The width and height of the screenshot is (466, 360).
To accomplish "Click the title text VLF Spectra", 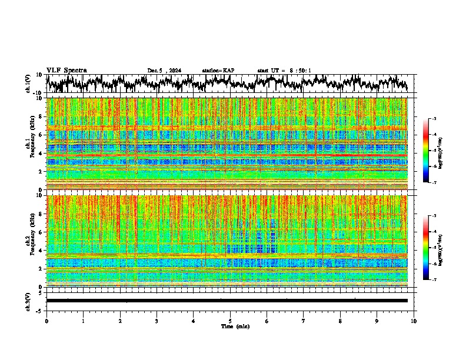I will [x=66, y=70].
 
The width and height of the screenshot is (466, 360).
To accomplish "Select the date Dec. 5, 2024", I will [x=164, y=71].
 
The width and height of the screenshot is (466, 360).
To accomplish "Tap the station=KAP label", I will [x=218, y=71].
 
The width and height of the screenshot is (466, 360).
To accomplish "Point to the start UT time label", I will [x=284, y=71].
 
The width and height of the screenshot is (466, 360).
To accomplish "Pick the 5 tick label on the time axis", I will [x=230, y=321].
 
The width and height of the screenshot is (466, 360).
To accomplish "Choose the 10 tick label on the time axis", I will [x=414, y=321].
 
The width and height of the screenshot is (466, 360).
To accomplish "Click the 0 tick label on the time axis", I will [x=46, y=321].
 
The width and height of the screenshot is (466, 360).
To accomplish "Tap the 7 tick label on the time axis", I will [x=304, y=321].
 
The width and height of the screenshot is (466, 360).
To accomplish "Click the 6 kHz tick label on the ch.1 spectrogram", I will [x=41, y=135].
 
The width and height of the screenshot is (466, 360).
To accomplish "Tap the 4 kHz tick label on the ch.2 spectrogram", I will [x=41, y=250].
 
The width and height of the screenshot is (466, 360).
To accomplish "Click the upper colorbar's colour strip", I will [x=425, y=151].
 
